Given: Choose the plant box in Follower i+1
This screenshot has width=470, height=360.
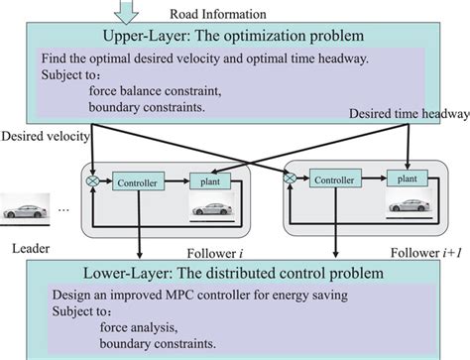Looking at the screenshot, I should [405, 179].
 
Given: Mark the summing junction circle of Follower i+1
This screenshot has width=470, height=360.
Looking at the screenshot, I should [291, 179].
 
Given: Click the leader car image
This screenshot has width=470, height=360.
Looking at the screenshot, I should [25, 211].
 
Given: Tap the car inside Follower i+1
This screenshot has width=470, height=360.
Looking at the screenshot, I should [406, 206].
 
